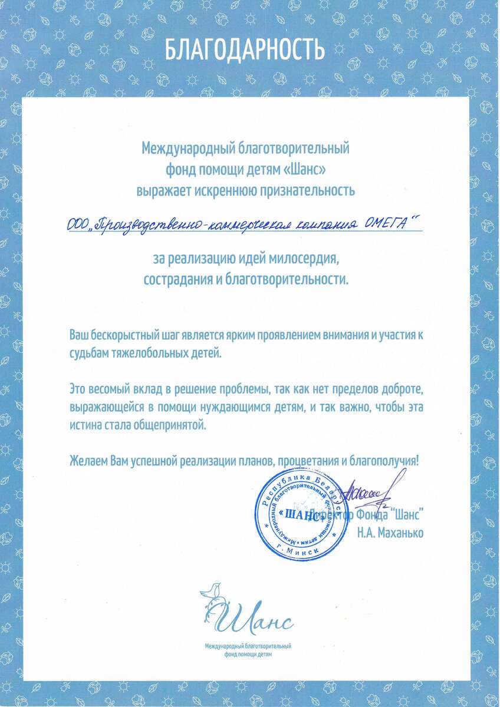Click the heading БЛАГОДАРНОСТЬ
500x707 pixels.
[244, 49]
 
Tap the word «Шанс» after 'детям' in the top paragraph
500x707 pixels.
[305, 169]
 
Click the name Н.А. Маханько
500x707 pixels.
[390, 533]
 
